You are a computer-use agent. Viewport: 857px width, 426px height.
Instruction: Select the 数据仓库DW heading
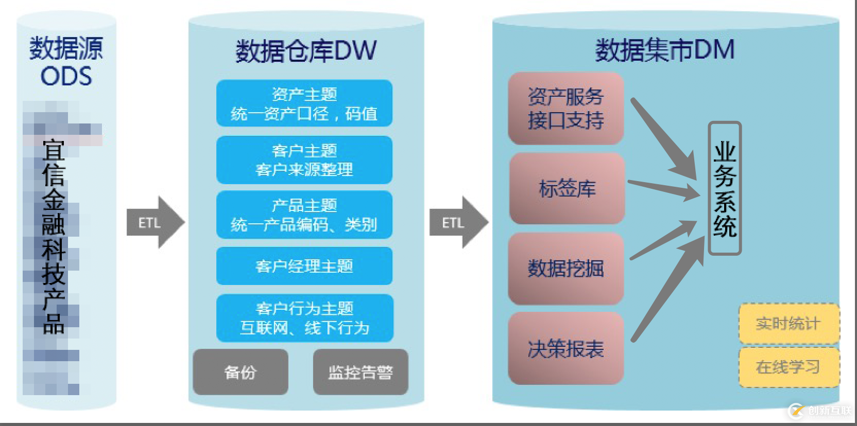(x=306, y=50)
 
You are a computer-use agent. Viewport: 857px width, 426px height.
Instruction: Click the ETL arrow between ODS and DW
(x=155, y=223)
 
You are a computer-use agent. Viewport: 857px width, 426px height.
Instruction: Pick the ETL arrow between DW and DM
(x=458, y=223)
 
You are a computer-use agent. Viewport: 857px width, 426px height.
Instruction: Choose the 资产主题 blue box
(x=304, y=103)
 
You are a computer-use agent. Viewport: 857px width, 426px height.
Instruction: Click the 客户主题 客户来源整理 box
(x=304, y=160)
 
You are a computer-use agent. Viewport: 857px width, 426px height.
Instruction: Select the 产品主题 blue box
(x=304, y=215)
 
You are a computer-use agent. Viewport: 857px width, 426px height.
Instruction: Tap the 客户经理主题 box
(x=304, y=266)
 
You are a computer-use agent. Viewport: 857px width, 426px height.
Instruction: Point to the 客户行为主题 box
(x=304, y=318)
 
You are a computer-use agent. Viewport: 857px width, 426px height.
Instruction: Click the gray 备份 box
(x=241, y=372)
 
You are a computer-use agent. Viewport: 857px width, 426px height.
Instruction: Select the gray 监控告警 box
(x=361, y=372)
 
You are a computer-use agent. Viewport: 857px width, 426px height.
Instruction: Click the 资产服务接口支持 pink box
(x=565, y=109)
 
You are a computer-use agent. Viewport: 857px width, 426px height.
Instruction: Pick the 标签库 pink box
(x=567, y=188)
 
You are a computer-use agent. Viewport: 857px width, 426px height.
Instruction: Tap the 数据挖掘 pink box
(x=565, y=268)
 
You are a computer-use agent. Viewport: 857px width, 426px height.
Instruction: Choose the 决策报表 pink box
(x=565, y=348)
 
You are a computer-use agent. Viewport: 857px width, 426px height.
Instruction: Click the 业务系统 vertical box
(x=724, y=188)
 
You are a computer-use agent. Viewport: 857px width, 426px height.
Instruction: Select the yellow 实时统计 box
(x=789, y=324)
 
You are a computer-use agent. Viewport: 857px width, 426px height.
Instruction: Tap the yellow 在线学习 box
(x=789, y=367)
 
